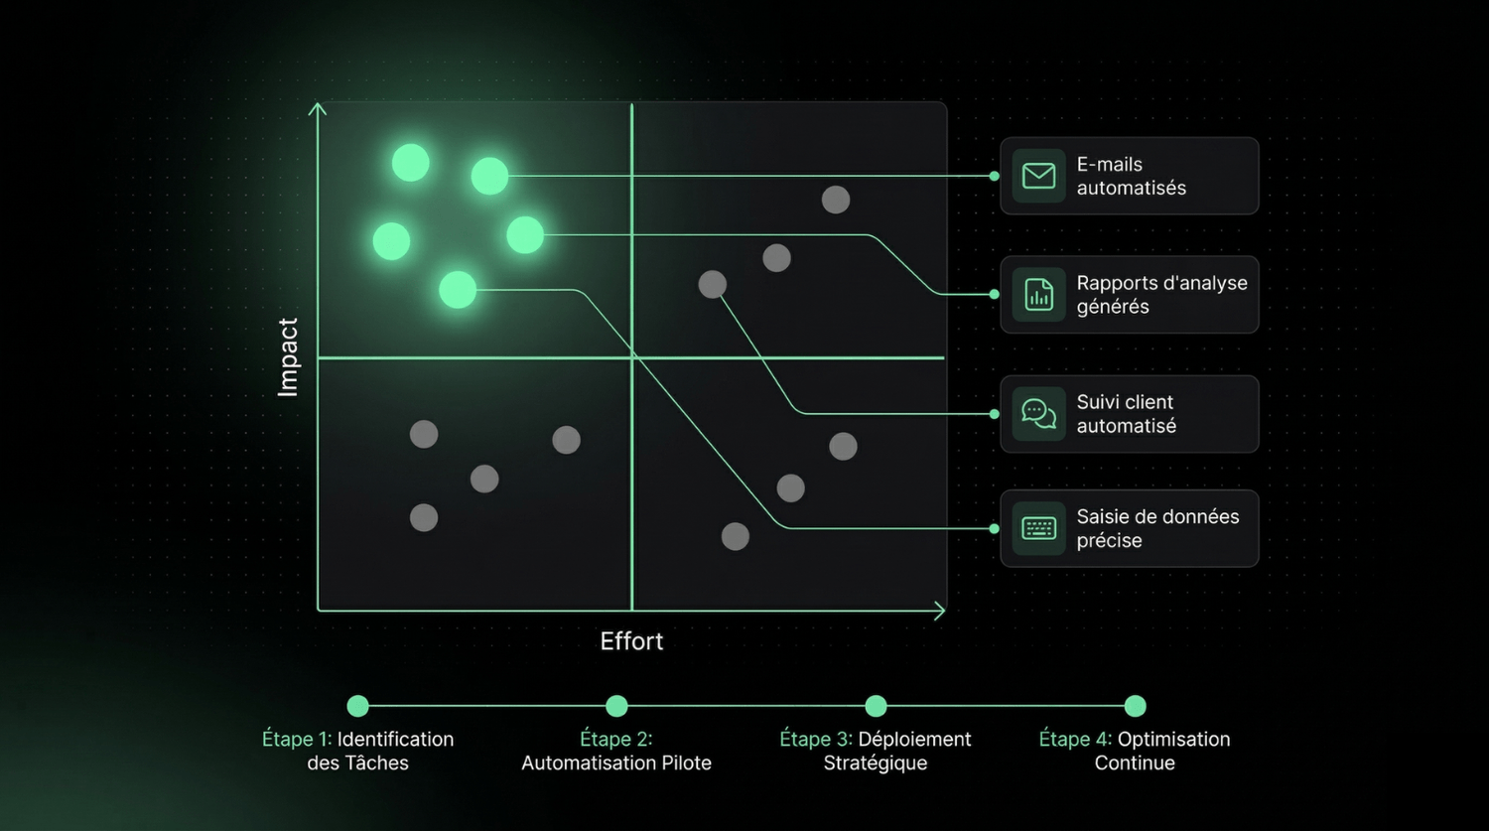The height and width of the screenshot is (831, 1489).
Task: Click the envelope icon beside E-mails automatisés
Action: pos(1038,176)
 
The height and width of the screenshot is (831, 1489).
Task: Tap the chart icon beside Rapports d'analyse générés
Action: pos(1038,295)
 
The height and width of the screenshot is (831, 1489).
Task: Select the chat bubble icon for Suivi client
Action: pos(1038,414)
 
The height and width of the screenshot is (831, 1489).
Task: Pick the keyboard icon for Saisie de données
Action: pos(1038,528)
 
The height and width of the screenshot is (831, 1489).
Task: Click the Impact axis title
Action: pos(288,357)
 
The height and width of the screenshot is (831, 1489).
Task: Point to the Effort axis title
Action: pos(631,641)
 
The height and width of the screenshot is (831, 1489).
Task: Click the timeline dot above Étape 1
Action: pos(357,706)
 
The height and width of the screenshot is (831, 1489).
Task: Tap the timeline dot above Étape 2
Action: pos(616,706)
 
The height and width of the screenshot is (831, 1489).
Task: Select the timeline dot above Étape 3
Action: pos(876,706)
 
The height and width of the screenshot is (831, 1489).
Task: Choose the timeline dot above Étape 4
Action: pos(1135,706)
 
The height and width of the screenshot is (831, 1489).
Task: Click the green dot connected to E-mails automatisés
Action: pos(489,176)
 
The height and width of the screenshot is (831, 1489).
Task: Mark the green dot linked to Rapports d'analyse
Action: pos(525,235)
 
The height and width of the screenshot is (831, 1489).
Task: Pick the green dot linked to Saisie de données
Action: pos(458,290)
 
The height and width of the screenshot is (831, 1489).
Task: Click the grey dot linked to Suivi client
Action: pos(713,285)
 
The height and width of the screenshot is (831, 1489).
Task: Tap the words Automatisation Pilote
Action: pos(616,762)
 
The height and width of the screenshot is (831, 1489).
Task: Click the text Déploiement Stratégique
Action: pos(876,752)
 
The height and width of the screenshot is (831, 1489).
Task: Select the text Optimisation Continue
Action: pos(1135,752)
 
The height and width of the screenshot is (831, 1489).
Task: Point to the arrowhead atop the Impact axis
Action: pos(318,107)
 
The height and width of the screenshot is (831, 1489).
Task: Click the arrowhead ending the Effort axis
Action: pos(939,612)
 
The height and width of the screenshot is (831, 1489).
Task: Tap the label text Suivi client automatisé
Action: pos(1126,414)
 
